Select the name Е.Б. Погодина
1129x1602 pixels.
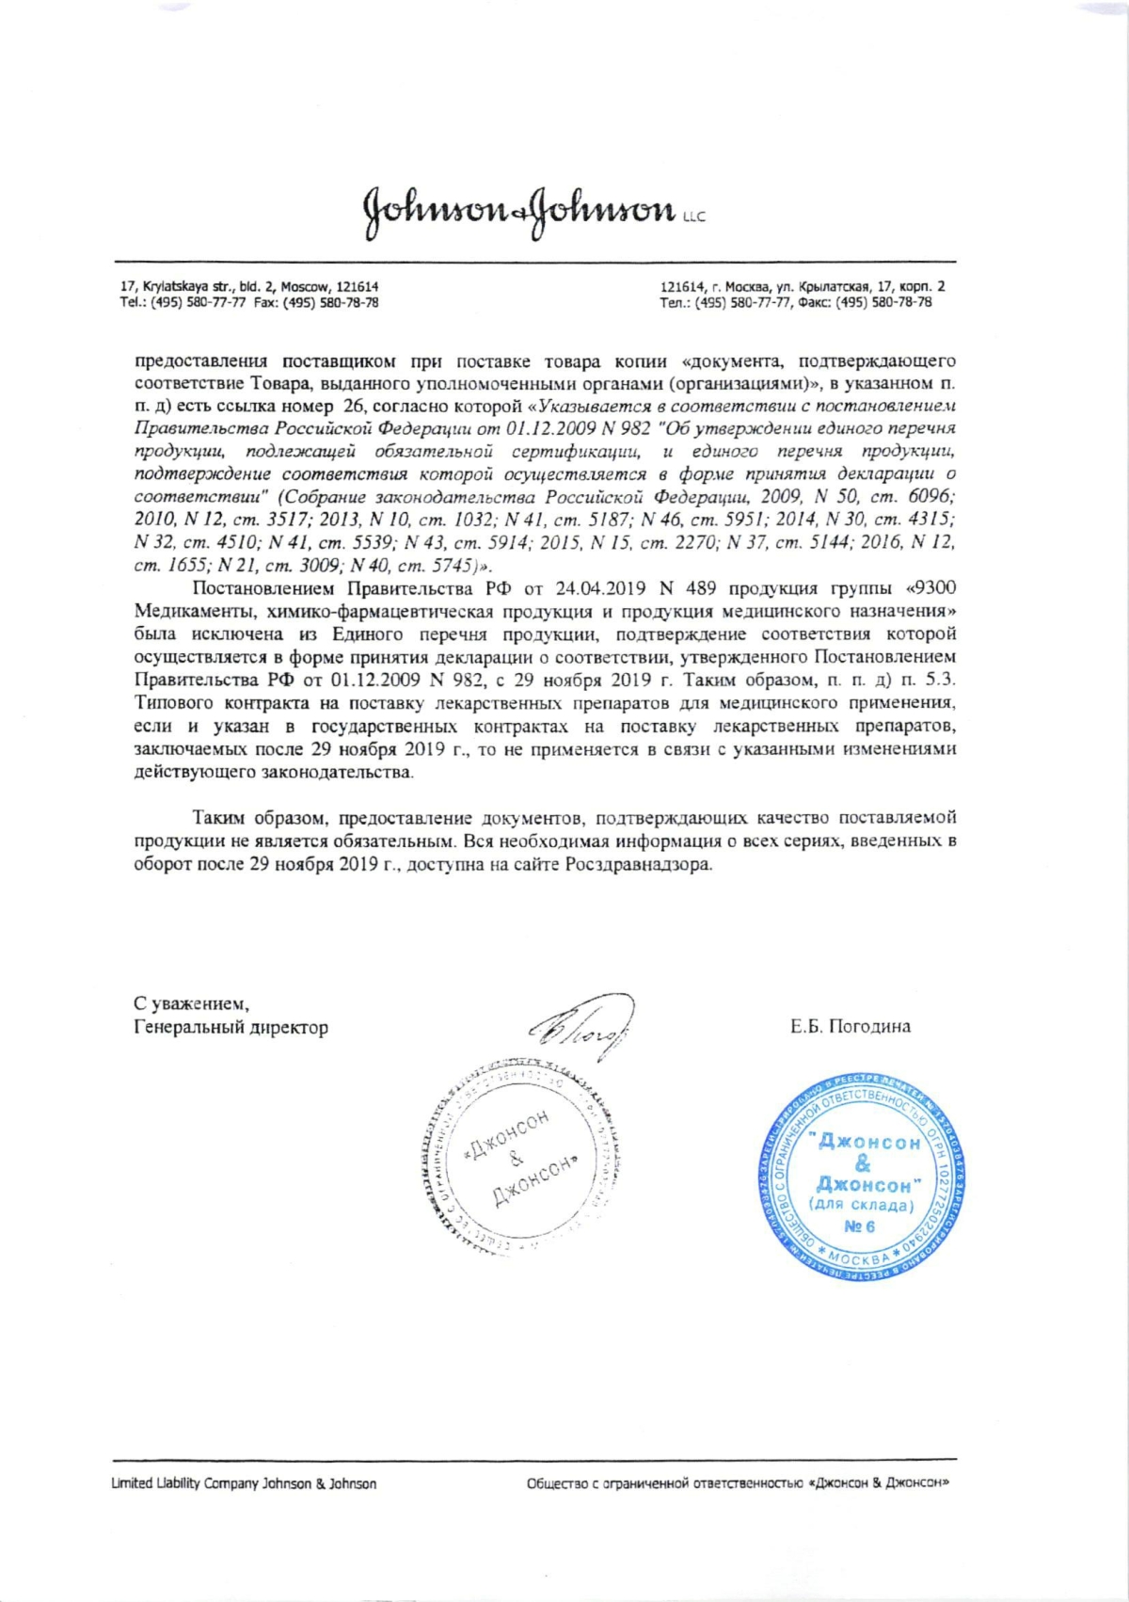pos(851,1026)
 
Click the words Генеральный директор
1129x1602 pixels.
pos(231,1027)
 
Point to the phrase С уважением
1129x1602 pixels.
pos(191,1003)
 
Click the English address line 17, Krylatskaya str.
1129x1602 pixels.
pos(249,286)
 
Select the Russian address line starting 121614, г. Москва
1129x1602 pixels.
pos(803,286)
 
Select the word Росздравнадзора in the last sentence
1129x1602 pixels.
pos(637,864)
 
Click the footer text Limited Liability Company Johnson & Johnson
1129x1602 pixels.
pos(244,1483)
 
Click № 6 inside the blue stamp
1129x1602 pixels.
pos(859,1226)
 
